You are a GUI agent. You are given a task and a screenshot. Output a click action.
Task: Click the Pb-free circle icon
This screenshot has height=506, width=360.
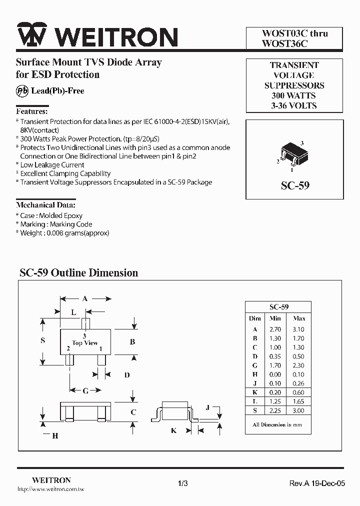point(22,90)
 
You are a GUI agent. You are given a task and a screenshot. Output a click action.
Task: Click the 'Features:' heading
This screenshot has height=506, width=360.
point(32,111)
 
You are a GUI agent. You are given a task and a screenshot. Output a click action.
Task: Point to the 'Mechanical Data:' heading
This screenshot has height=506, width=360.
point(46,205)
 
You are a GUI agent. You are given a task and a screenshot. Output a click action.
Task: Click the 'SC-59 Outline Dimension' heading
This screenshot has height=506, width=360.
point(78,273)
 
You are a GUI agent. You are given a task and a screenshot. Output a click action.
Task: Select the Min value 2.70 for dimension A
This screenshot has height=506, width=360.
point(275,329)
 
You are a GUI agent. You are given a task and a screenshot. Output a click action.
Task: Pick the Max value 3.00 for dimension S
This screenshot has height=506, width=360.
point(299,410)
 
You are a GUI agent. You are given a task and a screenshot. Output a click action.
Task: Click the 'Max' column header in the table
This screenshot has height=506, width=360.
point(299,318)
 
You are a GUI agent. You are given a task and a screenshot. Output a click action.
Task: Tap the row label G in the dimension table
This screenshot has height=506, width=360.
point(255,365)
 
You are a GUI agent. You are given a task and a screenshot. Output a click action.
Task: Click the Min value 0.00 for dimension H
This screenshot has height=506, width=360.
point(275,374)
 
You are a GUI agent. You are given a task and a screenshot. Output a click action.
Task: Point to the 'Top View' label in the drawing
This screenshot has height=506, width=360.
point(85,343)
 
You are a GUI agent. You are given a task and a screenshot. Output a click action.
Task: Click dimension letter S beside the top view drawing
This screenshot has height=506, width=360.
point(43,340)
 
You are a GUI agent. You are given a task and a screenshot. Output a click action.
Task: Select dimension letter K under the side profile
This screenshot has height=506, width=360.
point(173,430)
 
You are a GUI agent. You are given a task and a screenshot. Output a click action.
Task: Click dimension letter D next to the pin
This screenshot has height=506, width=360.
point(127,374)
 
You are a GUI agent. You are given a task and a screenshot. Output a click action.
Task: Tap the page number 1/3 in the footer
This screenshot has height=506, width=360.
point(182,483)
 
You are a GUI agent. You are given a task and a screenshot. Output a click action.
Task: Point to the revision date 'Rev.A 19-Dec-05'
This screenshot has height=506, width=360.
point(317,483)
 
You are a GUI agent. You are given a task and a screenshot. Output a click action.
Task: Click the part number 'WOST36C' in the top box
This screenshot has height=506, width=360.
point(285,43)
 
